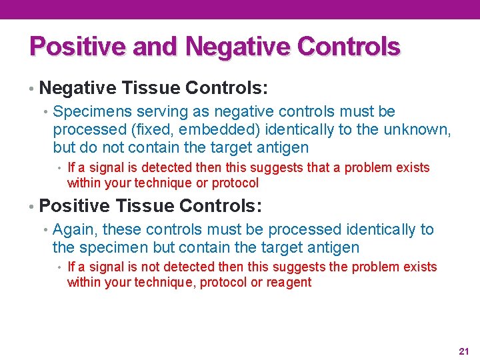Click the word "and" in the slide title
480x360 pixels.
(x=157, y=46)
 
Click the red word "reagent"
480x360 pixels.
(x=289, y=282)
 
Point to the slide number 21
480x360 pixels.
(x=464, y=351)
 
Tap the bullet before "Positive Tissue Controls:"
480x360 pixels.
(x=31, y=207)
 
